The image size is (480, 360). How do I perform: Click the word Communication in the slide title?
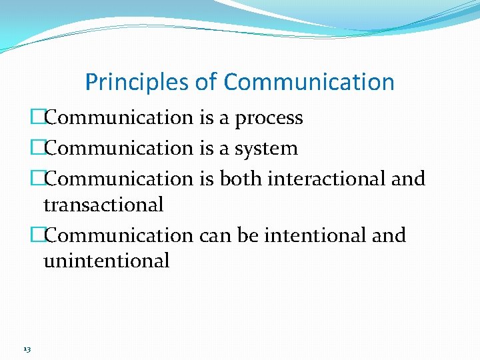coord(309,83)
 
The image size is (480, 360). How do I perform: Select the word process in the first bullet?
coord(269,119)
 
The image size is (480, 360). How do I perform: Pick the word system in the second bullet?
coord(266,149)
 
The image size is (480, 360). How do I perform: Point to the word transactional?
coord(103,205)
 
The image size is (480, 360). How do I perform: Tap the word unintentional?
coord(107,261)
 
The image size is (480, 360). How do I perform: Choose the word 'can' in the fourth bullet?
coord(214,235)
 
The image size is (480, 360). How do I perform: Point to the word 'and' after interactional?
coord(408,179)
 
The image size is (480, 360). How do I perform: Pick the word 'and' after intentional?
coord(389,235)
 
